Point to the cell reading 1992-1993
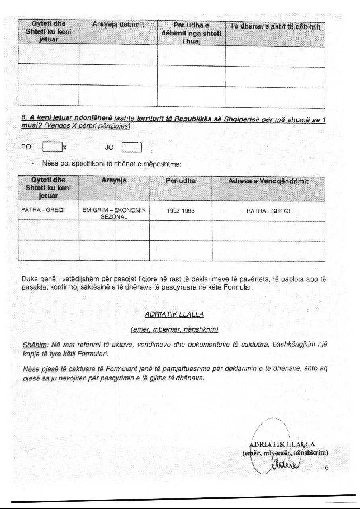coord(180,211)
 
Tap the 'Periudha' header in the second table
coord(180,181)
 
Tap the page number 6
coord(326,468)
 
